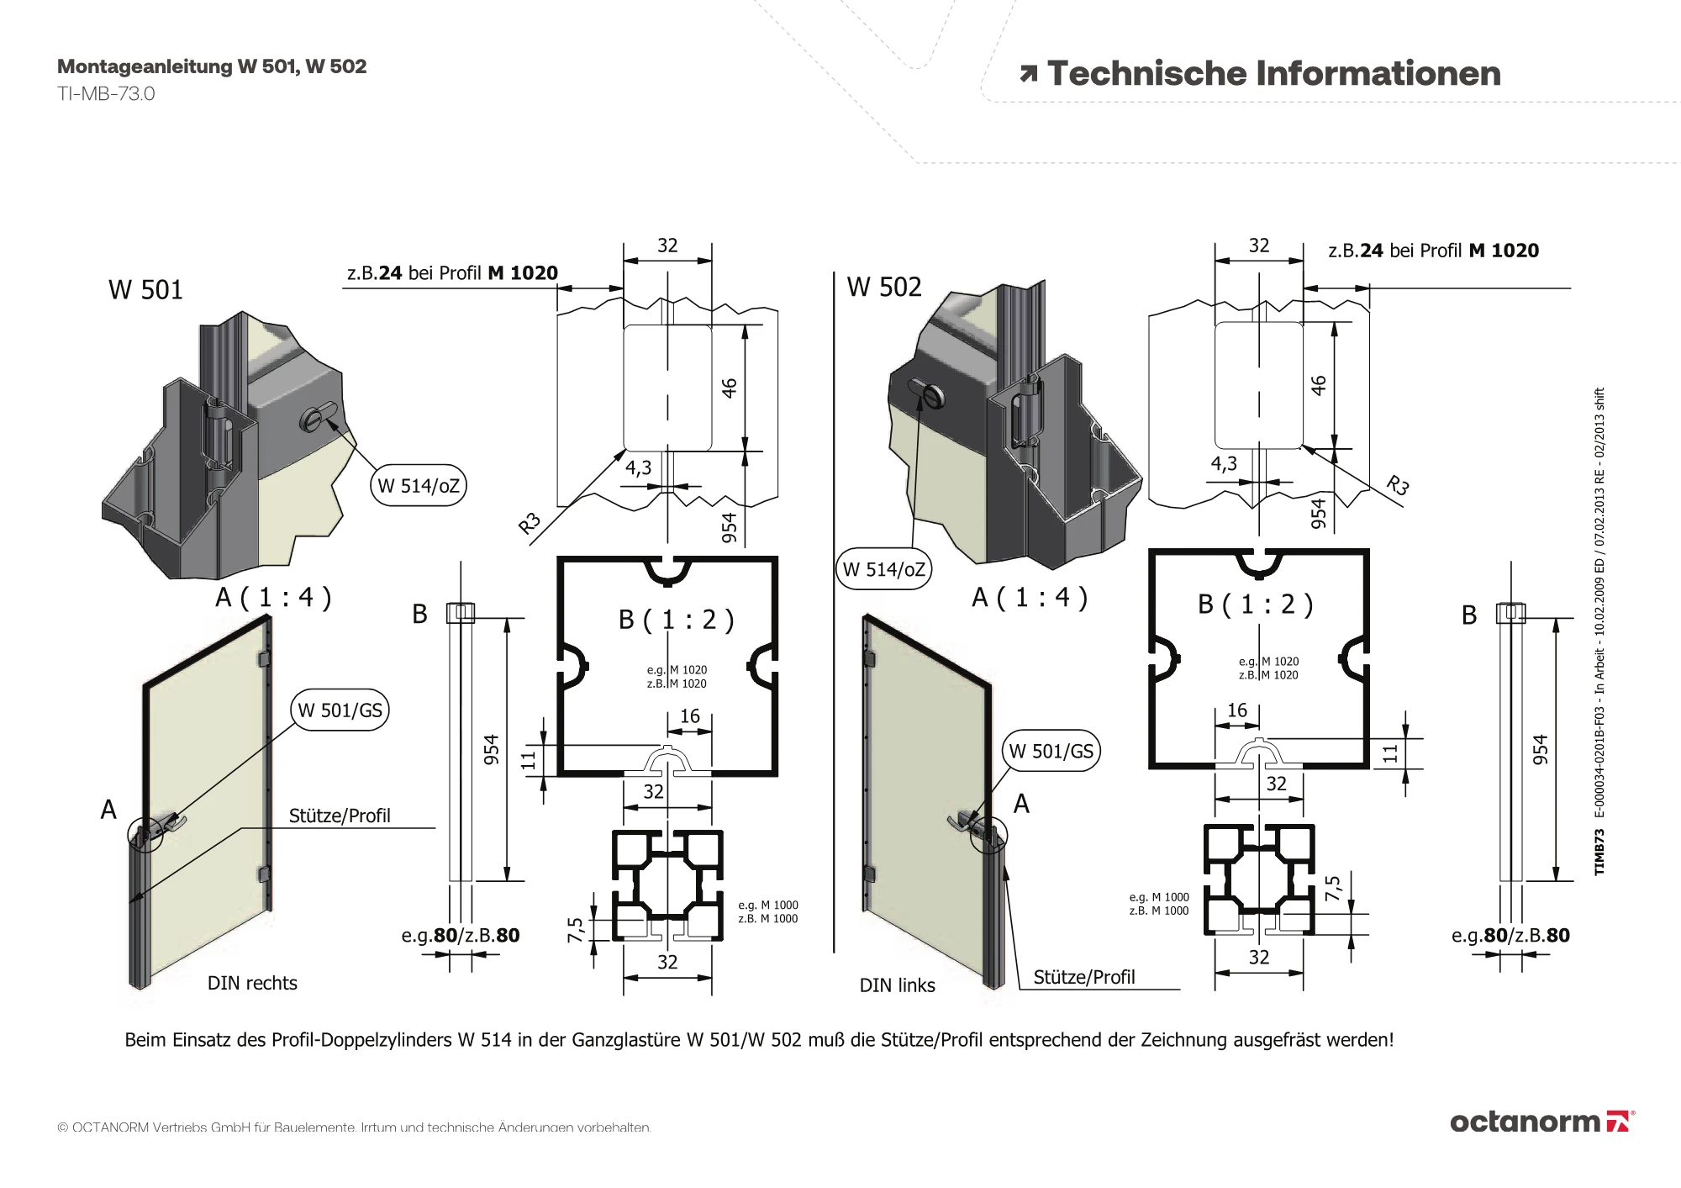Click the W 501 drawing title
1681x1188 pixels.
145,290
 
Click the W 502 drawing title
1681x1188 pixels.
883,288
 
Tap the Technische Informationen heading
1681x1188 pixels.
1273,74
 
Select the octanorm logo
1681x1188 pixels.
1541,1122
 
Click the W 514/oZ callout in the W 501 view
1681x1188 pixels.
419,486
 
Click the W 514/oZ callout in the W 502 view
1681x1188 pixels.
883,570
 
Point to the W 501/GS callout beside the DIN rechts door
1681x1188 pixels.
340,710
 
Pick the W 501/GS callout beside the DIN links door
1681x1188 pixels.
1051,751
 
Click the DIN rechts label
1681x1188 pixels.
252,983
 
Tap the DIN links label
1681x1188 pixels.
897,985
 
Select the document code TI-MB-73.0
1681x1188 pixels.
106,93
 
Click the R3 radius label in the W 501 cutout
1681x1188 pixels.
530,524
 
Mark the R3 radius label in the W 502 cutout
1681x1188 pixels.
1397,485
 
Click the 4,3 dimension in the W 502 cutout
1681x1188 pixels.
1224,463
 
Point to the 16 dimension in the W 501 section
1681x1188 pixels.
689,716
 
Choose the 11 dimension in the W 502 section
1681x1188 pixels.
1390,753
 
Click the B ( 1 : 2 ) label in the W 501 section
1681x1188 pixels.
676,620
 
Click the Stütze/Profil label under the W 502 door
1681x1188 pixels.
1083,977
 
